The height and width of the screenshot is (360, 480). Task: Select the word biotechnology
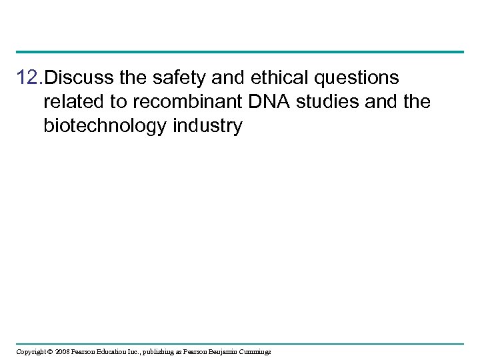point(107,127)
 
